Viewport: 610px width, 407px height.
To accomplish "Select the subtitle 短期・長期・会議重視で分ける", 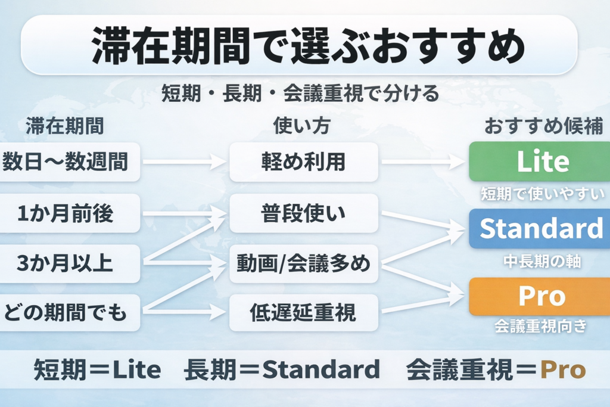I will (300, 94).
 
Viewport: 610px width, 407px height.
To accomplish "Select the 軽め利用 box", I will (304, 161).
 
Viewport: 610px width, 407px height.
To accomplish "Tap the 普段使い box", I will (304, 213).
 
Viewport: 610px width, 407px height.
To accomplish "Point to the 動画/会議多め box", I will (304, 263).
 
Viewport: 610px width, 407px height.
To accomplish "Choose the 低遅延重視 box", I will (304, 312).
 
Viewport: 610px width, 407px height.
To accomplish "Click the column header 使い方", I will (301, 126).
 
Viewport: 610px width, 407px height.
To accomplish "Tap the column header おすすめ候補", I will (543, 126).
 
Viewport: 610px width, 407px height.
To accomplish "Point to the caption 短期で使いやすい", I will (542, 193).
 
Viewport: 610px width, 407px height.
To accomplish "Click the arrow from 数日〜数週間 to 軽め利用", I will (182, 161).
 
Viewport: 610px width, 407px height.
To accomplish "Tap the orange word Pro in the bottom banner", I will (563, 370).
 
